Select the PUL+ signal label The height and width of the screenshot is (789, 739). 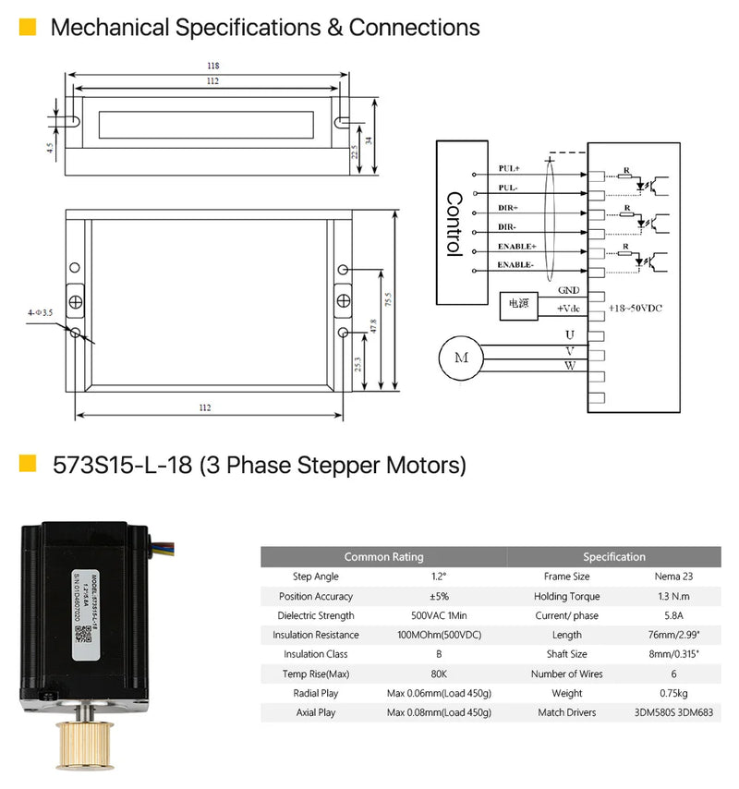pyautogui.click(x=509, y=169)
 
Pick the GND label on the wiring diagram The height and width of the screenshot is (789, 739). pyautogui.click(x=568, y=290)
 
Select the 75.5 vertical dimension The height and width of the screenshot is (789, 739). pyautogui.click(x=388, y=300)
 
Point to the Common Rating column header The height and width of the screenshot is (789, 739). pyautogui.click(x=383, y=557)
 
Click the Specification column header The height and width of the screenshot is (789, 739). pyautogui.click(x=614, y=557)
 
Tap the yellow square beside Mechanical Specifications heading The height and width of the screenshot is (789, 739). pyautogui.click(x=28, y=27)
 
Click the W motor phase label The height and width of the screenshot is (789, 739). pyautogui.click(x=569, y=366)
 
